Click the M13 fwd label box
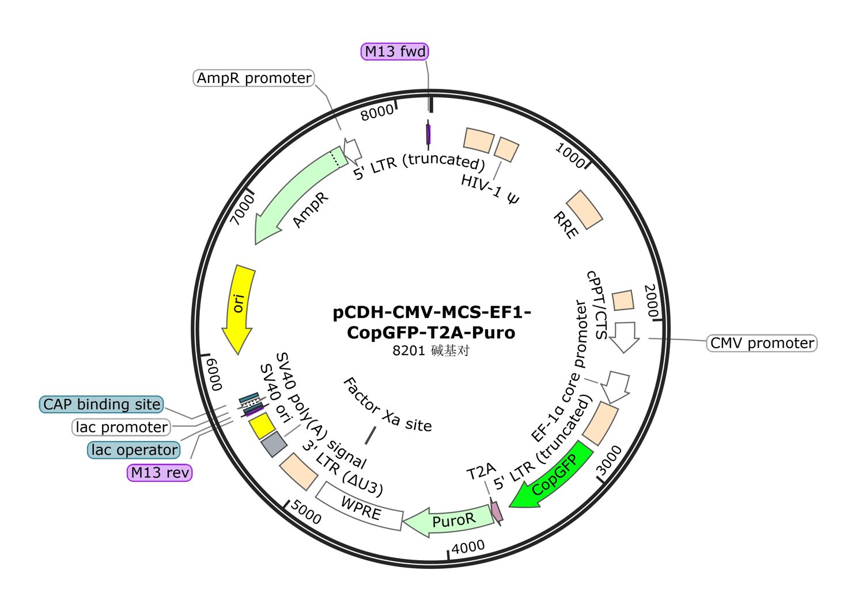pyautogui.click(x=395, y=52)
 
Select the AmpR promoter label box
pyautogui.click(x=254, y=78)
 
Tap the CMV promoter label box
pyautogui.click(x=762, y=344)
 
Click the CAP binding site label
pyautogui.click(x=101, y=405)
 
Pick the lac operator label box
pyautogui.click(x=134, y=450)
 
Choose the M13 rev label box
pyautogui.click(x=160, y=473)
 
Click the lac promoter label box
pyautogui.click(x=122, y=428)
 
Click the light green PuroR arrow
pyautogui.click(x=449, y=521)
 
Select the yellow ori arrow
pyautogui.click(x=239, y=305)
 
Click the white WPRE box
pyautogui.click(x=360, y=507)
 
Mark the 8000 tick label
pyautogui.click(x=377, y=113)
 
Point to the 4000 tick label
pyautogui.click(x=468, y=547)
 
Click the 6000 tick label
pyautogui.click(x=214, y=373)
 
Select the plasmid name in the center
pyautogui.click(x=432, y=322)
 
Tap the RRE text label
pyautogui.click(x=565, y=225)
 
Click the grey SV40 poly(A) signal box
pyautogui.click(x=274, y=444)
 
